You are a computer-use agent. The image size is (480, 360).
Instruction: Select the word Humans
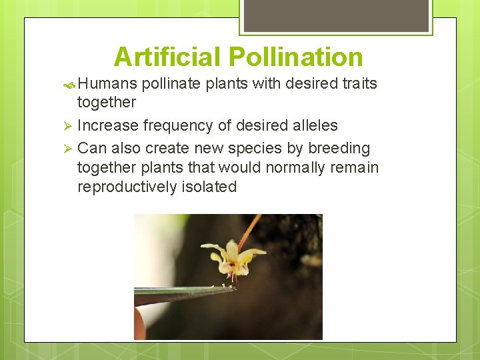[x=107, y=84]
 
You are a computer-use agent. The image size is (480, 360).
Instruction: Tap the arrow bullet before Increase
[x=66, y=126]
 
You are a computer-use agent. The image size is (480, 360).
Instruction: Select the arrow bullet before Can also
[x=66, y=149]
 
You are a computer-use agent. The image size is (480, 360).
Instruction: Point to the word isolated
[x=209, y=187]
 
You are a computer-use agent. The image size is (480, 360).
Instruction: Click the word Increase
[x=107, y=125]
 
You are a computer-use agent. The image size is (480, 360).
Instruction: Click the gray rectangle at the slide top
[x=336, y=15]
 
